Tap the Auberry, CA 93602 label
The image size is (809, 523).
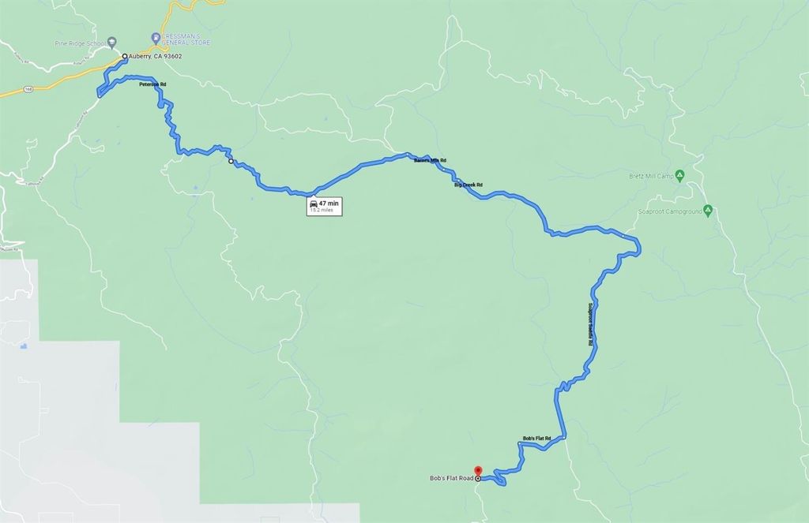[x=156, y=56]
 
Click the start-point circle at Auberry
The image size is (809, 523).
[x=125, y=56]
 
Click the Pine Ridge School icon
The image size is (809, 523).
[x=112, y=42]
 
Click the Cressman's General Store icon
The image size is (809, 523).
[x=155, y=37]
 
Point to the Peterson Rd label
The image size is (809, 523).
[x=152, y=84]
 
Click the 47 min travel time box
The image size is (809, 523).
[x=325, y=206]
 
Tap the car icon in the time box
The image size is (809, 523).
[x=314, y=203]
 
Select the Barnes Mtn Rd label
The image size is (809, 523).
[x=430, y=161]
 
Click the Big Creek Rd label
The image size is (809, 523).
[x=468, y=185]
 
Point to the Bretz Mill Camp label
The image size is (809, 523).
[x=651, y=175]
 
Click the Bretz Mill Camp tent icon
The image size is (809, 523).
[x=679, y=174]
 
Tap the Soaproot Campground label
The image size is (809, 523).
[x=669, y=211]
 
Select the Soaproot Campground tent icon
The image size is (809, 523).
[x=708, y=210]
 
